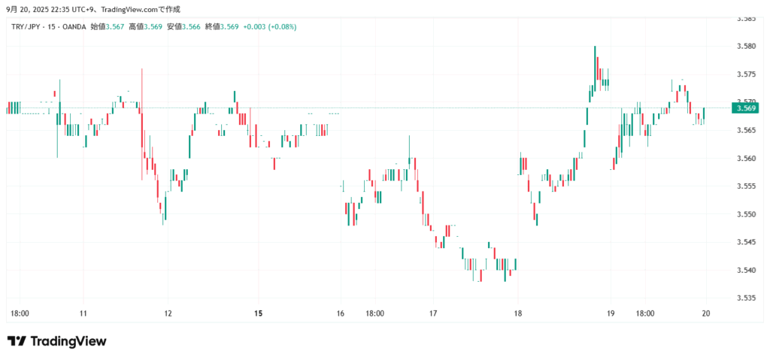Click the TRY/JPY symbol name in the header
tap(26, 26)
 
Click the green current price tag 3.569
tap(747, 107)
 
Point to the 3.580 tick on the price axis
tap(746, 47)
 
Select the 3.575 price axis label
tap(746, 74)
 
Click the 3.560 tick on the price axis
tap(746, 159)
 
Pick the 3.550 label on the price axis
tap(746, 214)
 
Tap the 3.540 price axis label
tap(746, 270)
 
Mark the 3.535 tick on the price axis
tap(746, 298)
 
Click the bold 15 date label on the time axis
tap(259, 313)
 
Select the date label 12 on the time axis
tap(168, 313)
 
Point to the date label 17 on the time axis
tap(433, 313)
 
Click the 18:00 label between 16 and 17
tap(374, 313)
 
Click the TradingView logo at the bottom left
tap(57, 341)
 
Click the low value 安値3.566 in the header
tap(183, 26)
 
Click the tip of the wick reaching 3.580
tap(595, 47)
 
